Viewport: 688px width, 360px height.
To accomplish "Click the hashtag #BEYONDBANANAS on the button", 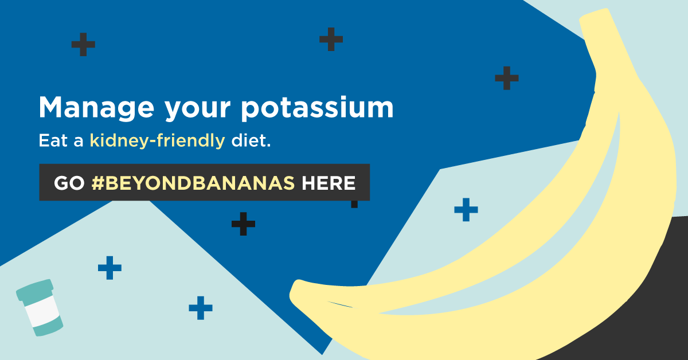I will click(x=193, y=183).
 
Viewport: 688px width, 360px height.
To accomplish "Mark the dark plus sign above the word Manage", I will click(x=83, y=44).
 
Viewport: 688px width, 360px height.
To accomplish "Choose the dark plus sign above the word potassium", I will click(x=331, y=39).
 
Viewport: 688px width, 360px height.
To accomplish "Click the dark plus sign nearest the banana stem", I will click(x=506, y=78).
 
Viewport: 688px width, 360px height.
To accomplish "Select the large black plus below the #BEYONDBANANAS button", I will click(x=243, y=224).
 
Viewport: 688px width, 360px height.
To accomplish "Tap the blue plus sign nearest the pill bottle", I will click(x=110, y=268).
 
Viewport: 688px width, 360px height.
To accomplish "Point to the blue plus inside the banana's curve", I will click(x=466, y=210).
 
